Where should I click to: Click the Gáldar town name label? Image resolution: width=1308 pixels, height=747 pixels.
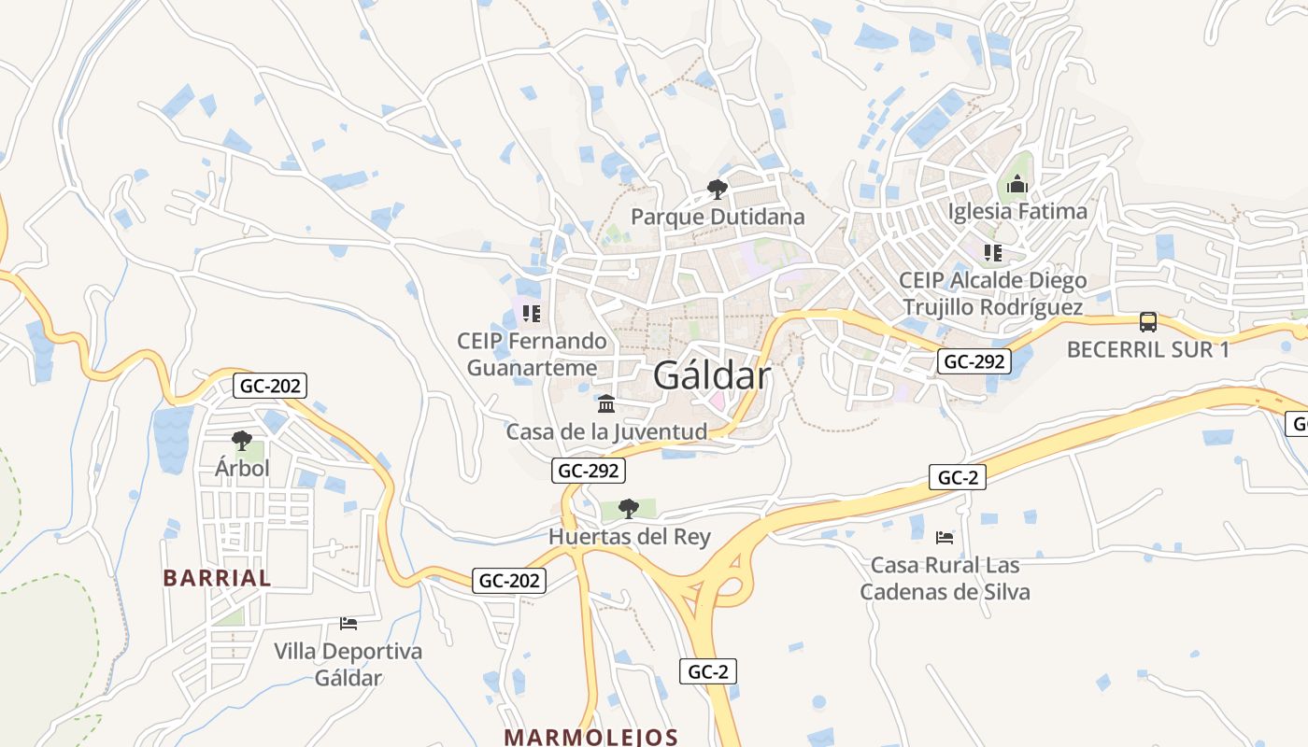point(712,375)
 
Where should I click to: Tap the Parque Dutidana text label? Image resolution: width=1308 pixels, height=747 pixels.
point(717,217)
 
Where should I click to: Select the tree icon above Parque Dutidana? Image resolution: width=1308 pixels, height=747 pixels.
point(717,190)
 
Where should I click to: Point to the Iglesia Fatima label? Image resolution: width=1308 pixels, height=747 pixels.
point(1017,211)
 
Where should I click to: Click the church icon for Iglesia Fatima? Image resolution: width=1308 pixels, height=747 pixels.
point(1017,184)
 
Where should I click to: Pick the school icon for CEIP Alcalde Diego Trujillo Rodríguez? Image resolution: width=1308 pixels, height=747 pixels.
point(992,252)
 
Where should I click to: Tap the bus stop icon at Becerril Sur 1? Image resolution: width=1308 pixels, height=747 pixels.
point(1148,322)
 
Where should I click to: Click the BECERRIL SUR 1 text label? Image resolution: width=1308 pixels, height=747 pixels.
point(1148,350)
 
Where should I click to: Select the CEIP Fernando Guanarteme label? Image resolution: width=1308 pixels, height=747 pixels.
point(532,354)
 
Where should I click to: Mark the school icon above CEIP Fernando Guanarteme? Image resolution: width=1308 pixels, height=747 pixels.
point(532,313)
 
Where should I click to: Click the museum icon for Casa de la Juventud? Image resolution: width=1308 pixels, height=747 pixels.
point(606,404)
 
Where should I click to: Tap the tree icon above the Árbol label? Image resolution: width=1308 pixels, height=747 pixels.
point(242,440)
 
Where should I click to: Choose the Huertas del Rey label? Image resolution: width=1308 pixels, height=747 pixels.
point(629,537)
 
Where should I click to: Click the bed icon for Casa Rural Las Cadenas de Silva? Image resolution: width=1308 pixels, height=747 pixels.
point(945,537)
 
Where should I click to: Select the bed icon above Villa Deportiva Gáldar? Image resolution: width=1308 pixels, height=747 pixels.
point(348,623)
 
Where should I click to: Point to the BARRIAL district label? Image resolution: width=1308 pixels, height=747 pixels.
point(217,578)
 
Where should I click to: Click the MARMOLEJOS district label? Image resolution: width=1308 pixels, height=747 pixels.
point(590,737)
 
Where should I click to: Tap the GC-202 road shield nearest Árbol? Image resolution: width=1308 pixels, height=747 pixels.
point(270,385)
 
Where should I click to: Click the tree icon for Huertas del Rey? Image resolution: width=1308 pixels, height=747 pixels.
point(629,509)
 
